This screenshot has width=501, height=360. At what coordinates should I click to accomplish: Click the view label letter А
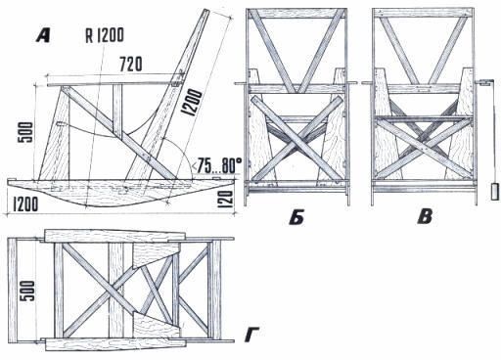43,36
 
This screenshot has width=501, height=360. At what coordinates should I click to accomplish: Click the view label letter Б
296,217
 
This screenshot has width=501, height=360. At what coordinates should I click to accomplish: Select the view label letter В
425,217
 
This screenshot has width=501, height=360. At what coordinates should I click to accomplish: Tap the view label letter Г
251,336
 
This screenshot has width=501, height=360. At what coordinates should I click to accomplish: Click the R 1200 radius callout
105,35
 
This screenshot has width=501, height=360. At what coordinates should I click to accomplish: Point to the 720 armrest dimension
131,64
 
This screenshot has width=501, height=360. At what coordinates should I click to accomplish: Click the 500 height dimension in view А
25,132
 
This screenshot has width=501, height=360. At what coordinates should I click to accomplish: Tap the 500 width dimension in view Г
27,292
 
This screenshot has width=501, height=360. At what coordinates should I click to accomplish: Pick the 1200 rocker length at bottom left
25,204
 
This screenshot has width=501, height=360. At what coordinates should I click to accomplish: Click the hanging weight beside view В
495,192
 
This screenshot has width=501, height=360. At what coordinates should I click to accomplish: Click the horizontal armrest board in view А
114,85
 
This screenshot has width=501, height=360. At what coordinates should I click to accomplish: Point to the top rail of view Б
296,13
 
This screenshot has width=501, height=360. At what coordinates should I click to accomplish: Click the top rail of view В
423,13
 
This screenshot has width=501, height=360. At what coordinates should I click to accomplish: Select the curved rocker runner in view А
120,193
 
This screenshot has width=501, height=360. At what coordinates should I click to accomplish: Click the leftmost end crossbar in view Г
12,291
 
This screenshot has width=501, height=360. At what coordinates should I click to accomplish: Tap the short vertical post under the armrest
117,111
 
